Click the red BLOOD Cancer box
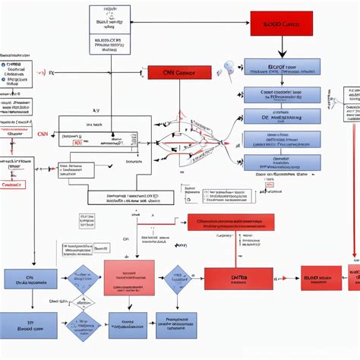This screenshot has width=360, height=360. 281,24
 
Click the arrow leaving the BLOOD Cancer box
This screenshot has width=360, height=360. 282,47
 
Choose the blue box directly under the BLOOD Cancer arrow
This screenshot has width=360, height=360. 282,67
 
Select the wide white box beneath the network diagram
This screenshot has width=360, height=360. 130,197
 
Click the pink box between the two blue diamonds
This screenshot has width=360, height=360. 128,277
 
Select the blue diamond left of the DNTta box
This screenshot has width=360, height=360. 178,279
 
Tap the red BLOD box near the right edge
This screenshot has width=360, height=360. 321,278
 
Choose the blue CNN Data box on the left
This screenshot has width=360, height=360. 30,279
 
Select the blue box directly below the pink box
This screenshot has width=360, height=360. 128,325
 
